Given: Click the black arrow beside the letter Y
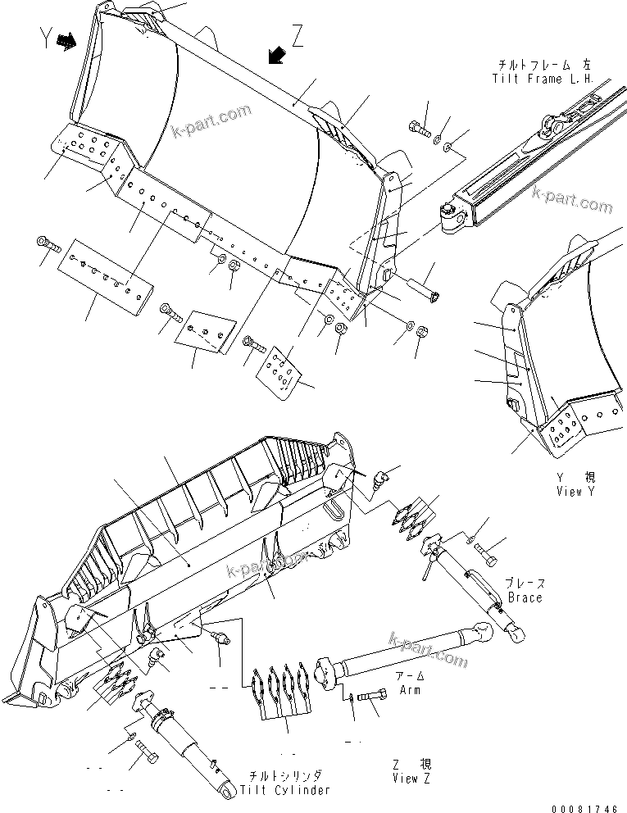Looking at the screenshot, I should [70, 40].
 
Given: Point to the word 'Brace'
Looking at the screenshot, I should [525, 597].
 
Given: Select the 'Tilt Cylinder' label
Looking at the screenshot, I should [285, 789].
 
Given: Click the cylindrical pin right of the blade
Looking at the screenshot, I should [423, 287].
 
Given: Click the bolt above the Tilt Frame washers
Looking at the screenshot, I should [418, 125].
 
